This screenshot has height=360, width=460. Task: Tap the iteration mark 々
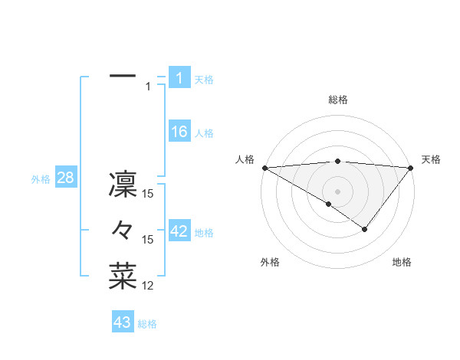click(x=123, y=230)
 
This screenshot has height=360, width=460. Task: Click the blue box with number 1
click(x=179, y=77)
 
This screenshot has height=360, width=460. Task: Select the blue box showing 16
click(x=179, y=132)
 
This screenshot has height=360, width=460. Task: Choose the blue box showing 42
click(x=179, y=231)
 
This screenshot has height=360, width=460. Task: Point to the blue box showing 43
click(x=123, y=322)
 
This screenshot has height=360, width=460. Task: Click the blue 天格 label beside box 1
click(x=204, y=79)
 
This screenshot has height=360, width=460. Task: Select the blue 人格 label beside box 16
click(x=204, y=133)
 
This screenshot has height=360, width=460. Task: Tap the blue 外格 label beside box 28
click(x=41, y=179)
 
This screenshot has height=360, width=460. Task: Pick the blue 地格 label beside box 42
click(x=204, y=233)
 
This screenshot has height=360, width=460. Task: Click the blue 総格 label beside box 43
click(x=147, y=324)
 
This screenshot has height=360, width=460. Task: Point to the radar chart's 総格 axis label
click(x=337, y=100)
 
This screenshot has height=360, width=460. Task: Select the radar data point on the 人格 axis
click(x=264, y=167)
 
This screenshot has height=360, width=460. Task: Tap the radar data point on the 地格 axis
click(x=365, y=229)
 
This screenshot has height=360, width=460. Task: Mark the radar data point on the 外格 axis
click(x=329, y=204)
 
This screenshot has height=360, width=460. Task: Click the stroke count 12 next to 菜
click(x=149, y=286)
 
